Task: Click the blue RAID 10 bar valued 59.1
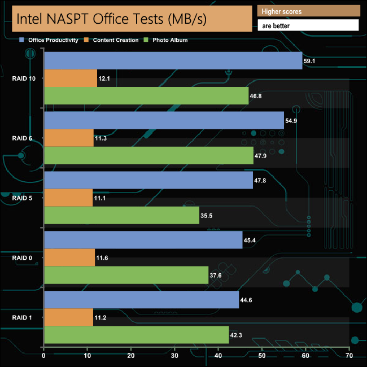[173, 60]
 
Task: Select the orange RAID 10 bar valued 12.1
[70, 78]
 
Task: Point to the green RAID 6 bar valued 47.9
[148, 155]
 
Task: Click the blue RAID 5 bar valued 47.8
[148, 180]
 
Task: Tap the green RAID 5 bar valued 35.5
[121, 215]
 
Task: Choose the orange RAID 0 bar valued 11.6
[69, 257]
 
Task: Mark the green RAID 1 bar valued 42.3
[136, 335]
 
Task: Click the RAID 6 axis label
[23, 138]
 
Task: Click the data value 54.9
[292, 121]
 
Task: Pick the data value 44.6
[246, 300]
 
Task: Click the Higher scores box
[308, 11]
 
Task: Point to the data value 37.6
[216, 276]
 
